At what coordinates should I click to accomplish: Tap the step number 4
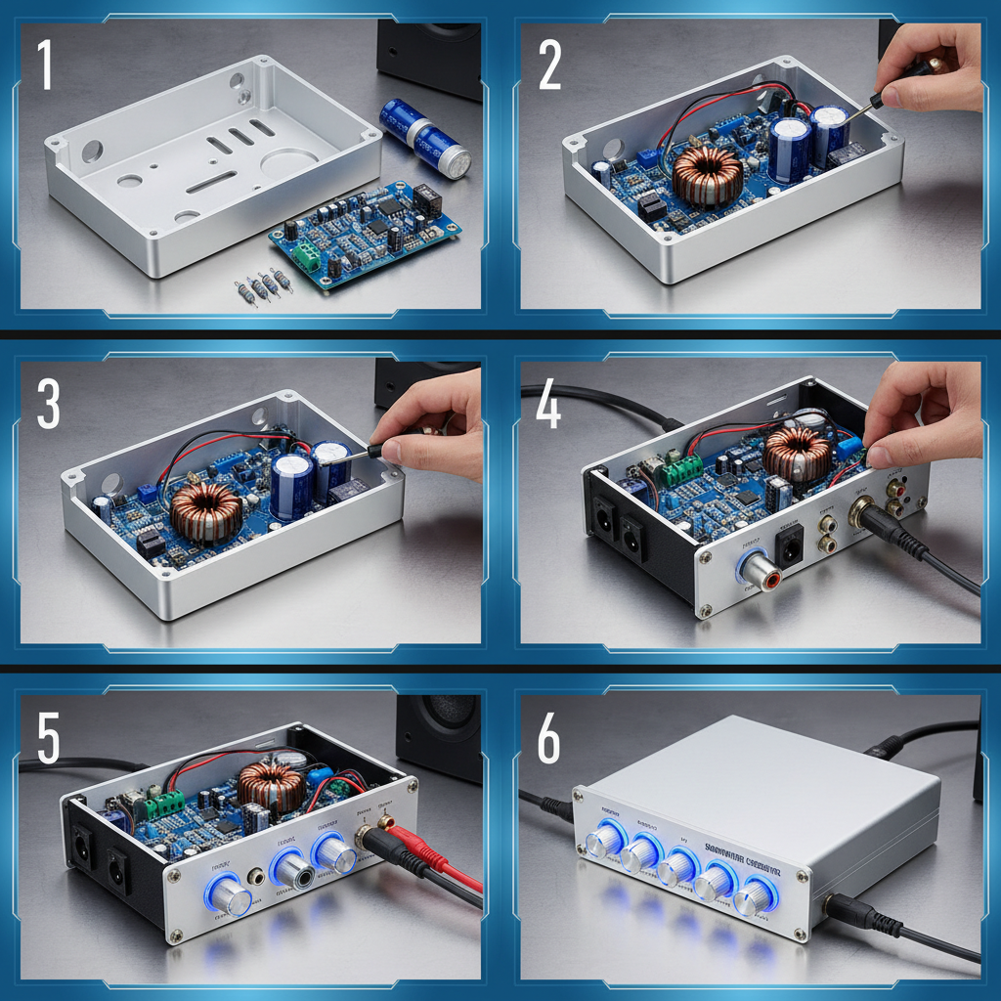pyautogui.click(x=548, y=405)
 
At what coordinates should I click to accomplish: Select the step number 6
pyautogui.click(x=548, y=742)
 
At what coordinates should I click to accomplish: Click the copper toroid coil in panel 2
pyautogui.click(x=707, y=176)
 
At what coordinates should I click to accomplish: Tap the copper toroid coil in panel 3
pyautogui.click(x=205, y=511)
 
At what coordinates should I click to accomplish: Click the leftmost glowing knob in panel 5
pyautogui.click(x=231, y=895)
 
